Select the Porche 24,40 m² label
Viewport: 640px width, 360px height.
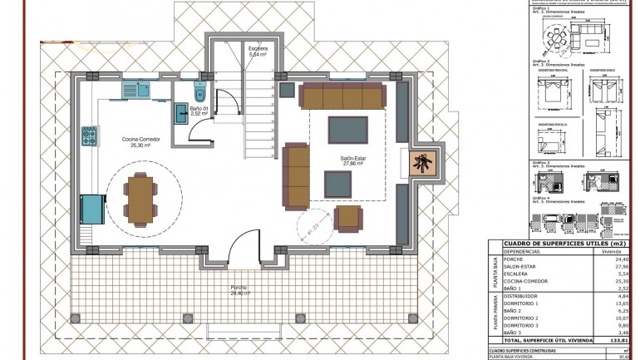(x=239, y=290)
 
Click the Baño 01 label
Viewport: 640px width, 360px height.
(x=197, y=111)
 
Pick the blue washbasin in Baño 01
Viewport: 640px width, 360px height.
(x=181, y=112)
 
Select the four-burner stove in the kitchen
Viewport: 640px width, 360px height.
(x=88, y=135)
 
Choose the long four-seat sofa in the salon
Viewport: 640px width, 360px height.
(x=342, y=96)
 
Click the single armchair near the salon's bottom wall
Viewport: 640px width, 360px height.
(x=348, y=219)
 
